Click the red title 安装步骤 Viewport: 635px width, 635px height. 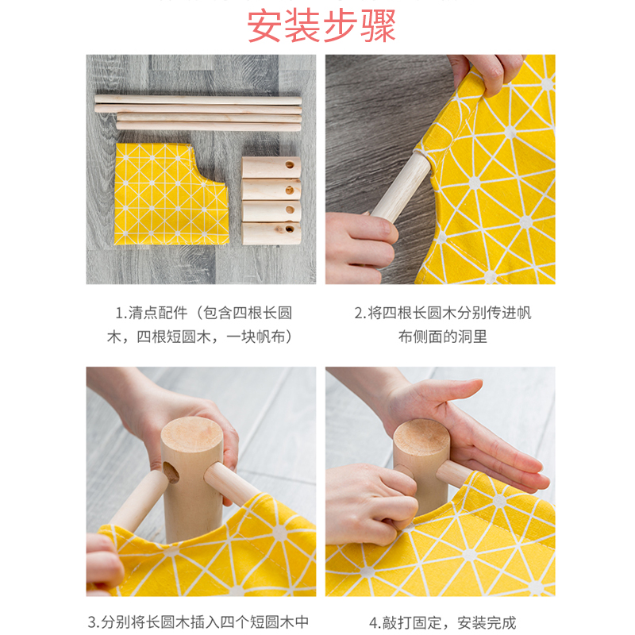coord(321,25)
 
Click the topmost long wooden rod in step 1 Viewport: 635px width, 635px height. coord(198,100)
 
